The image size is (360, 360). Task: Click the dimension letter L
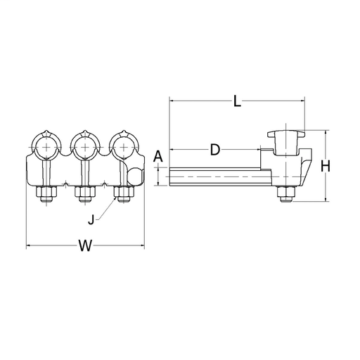point(237,102)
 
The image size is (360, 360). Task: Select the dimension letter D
point(214,150)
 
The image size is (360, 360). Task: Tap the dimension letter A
point(158,157)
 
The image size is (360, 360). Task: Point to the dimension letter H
point(326,167)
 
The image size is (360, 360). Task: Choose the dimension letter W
point(85,245)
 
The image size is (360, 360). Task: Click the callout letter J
point(91,219)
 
